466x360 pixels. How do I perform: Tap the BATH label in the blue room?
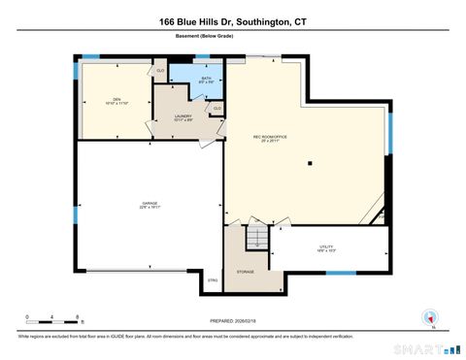tap(206, 78)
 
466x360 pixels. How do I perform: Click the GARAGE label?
tap(150, 203)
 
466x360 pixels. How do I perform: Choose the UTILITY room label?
tap(325, 246)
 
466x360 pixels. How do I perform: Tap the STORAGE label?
tap(246, 272)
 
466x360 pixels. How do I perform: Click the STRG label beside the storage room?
tap(213, 280)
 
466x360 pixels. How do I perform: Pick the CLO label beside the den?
tap(160, 70)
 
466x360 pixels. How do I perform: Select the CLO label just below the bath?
tap(216, 107)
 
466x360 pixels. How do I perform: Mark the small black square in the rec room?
tap(310, 163)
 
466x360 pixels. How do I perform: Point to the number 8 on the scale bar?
tap(77, 317)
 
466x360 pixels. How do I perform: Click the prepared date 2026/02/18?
tap(247, 321)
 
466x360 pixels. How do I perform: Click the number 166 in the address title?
tap(169, 20)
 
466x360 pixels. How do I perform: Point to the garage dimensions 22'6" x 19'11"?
tap(150, 208)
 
